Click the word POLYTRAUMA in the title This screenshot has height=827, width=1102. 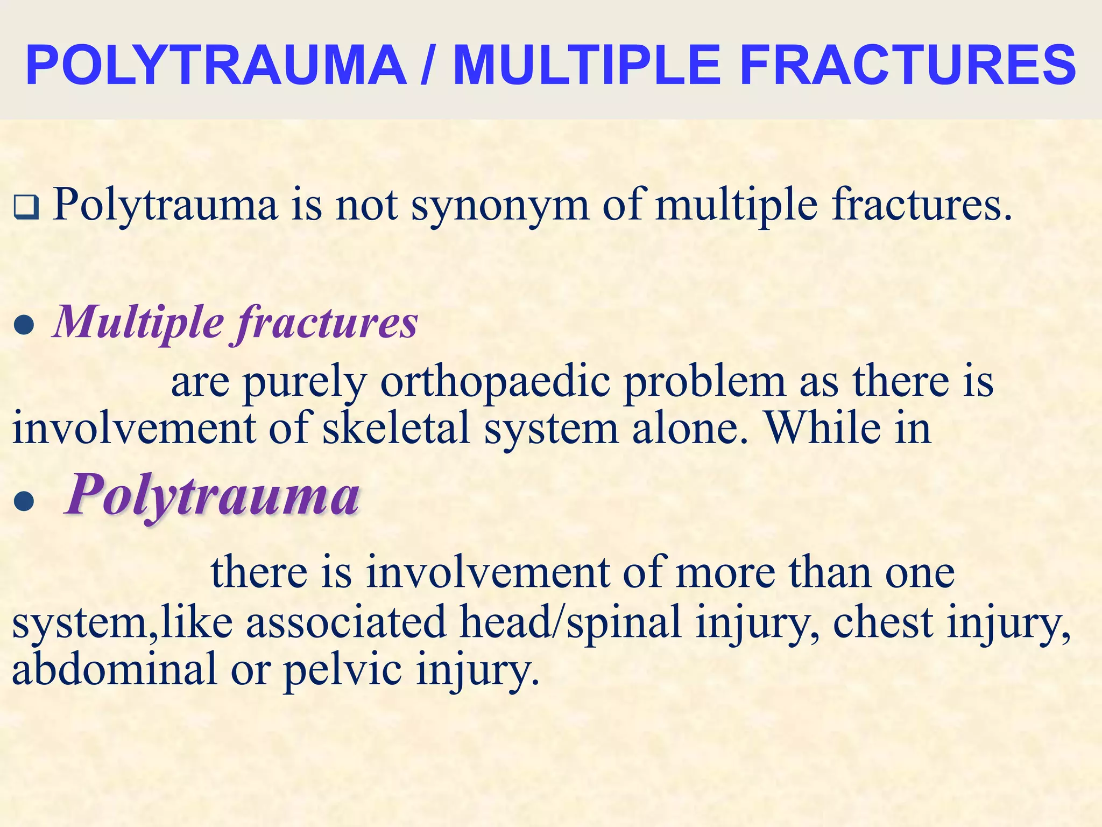(x=215, y=66)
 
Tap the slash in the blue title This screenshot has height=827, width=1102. (x=429, y=66)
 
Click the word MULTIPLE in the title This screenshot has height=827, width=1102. (x=587, y=66)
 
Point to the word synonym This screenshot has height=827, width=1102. (x=500, y=206)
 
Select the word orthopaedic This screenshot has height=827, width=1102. (x=495, y=383)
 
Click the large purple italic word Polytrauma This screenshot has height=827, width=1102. (x=212, y=495)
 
